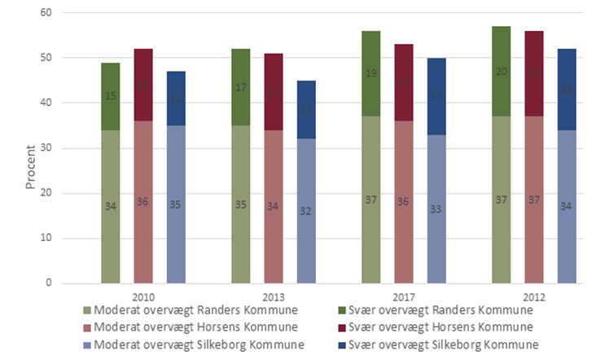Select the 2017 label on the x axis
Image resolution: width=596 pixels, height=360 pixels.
point(405,296)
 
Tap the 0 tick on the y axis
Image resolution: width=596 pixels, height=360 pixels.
point(48,283)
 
